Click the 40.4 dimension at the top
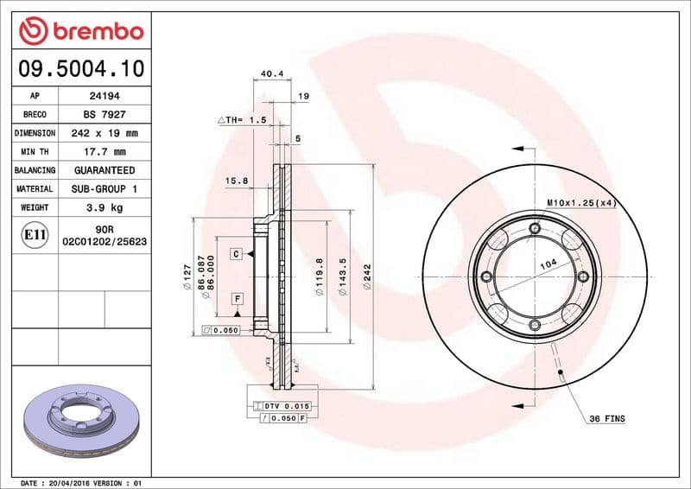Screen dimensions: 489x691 coord(272,73)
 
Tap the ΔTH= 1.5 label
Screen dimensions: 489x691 coord(242,120)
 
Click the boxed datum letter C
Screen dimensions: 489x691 coord(235,254)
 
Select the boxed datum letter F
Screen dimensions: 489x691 coord(235,298)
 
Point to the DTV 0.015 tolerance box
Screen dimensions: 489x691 coord(282,405)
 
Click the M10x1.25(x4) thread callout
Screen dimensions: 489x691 coord(580,202)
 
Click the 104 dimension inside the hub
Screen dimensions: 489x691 coord(546,268)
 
